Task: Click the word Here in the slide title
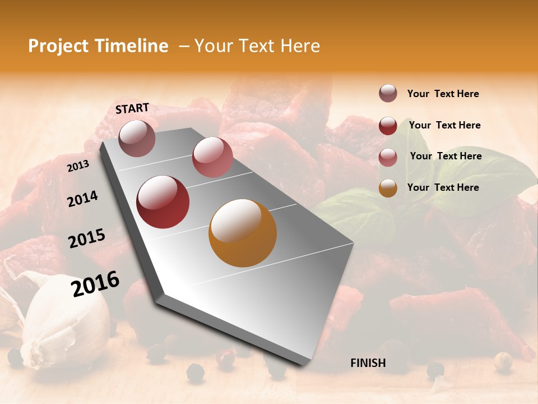click(299, 46)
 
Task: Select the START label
click(132, 108)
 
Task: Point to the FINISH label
click(368, 363)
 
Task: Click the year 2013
click(78, 166)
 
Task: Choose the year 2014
click(82, 199)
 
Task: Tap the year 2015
click(87, 238)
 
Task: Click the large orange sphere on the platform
click(243, 233)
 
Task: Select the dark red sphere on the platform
click(163, 202)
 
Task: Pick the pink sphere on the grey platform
click(212, 157)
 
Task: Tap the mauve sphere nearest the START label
click(137, 138)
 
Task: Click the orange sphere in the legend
click(388, 188)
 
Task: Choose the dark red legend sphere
click(388, 126)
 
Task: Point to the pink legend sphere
click(388, 157)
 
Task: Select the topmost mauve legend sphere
click(388, 94)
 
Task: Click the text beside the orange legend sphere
click(443, 187)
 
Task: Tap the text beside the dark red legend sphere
click(444, 125)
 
